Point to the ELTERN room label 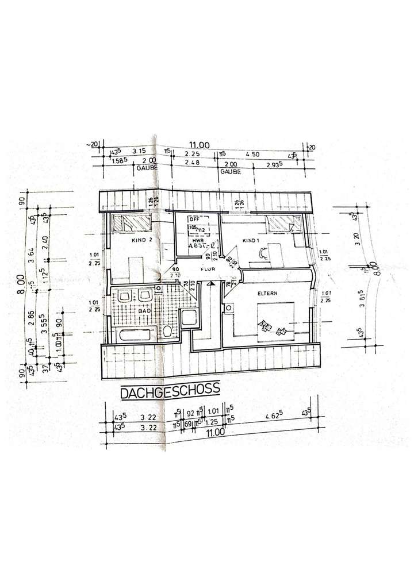267,294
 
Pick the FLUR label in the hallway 208,268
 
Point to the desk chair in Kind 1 263,251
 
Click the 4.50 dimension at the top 252,153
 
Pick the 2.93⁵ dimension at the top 274,164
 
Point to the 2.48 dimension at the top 193,163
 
